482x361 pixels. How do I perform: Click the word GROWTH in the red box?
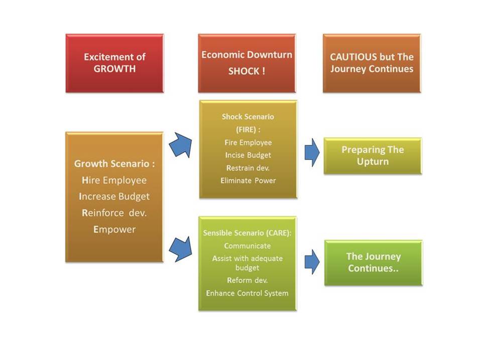point(114,69)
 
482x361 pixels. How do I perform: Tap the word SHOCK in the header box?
point(243,71)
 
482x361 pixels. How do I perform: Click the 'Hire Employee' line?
point(114,180)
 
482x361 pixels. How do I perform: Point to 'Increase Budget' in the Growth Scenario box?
point(114,197)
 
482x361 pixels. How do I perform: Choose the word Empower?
point(114,229)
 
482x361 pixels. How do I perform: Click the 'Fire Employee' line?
point(248,142)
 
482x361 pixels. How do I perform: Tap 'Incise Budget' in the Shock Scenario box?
point(248,155)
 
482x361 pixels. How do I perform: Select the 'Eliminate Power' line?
point(248,180)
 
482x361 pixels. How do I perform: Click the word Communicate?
point(248,246)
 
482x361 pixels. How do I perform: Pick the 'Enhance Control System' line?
point(247,293)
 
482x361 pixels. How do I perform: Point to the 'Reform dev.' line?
point(248,280)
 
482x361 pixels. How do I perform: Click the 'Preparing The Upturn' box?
point(373,156)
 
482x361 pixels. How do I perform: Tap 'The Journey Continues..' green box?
point(374,263)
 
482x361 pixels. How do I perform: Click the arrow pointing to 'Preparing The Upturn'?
point(312,152)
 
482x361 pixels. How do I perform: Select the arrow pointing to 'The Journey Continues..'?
point(312,262)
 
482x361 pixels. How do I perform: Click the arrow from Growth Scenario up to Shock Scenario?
point(181,145)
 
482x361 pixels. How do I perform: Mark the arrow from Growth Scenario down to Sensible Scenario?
point(181,249)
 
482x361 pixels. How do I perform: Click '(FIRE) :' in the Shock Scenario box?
point(248,129)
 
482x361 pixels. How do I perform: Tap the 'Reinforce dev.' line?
point(114,213)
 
